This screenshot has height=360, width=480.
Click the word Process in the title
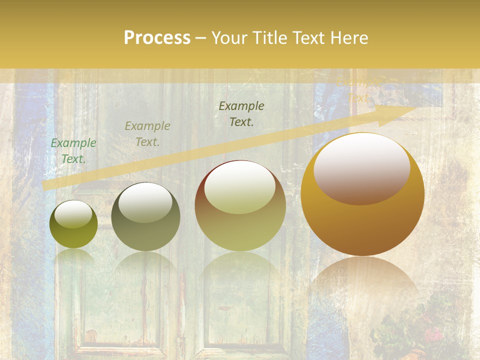click(x=157, y=38)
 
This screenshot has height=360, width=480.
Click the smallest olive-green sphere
click(x=73, y=224)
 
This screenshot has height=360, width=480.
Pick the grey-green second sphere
click(x=145, y=216)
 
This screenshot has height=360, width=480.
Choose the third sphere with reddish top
click(x=240, y=205)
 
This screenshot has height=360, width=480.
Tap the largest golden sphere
click(x=362, y=195)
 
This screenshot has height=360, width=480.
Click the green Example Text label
click(x=73, y=150)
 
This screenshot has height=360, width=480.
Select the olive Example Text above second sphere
click(x=147, y=133)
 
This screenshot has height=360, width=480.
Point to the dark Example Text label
click(x=241, y=113)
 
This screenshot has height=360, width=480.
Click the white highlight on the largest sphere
click(x=361, y=169)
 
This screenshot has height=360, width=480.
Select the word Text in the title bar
click(x=308, y=38)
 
